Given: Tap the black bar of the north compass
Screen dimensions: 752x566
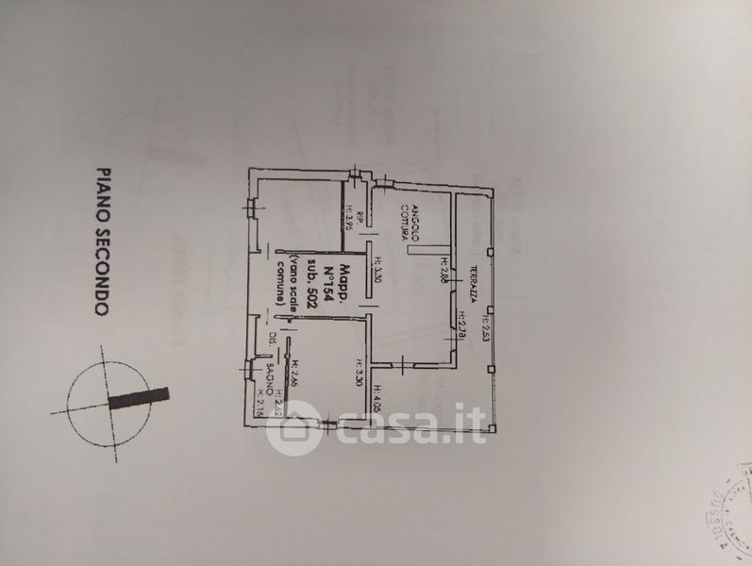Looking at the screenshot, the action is pyautogui.click(x=138, y=396).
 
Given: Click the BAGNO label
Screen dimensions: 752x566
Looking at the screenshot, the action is pyautogui.click(x=270, y=379).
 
